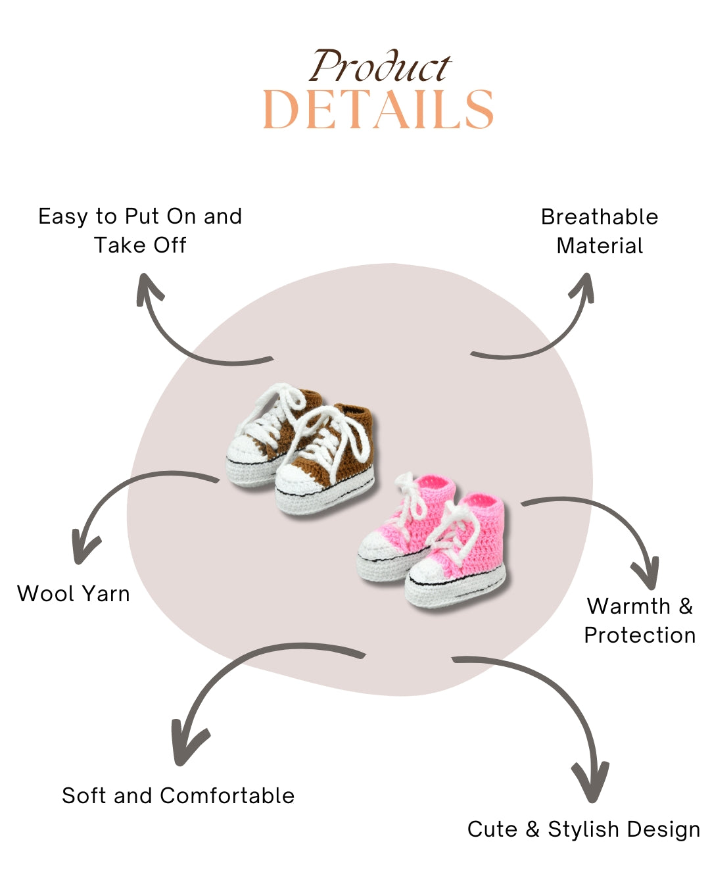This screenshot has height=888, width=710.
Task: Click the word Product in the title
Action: pyautogui.click(x=380, y=66)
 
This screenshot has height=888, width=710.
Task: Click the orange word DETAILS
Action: pyautogui.click(x=378, y=109)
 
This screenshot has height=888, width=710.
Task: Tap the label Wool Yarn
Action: pyautogui.click(x=74, y=594)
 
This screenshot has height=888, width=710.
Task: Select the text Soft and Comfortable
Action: pyautogui.click(x=177, y=795)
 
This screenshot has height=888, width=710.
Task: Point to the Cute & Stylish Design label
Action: pyautogui.click(x=584, y=829)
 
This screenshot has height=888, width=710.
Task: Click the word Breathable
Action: pyautogui.click(x=600, y=217)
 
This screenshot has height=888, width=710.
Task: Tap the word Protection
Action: pyautogui.click(x=640, y=635)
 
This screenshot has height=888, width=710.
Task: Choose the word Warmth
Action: pyautogui.click(x=628, y=606)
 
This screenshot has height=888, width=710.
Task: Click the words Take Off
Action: pyautogui.click(x=140, y=245)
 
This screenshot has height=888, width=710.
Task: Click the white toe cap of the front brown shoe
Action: pyautogui.click(x=294, y=479)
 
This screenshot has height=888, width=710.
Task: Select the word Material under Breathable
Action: pyautogui.click(x=600, y=246)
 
